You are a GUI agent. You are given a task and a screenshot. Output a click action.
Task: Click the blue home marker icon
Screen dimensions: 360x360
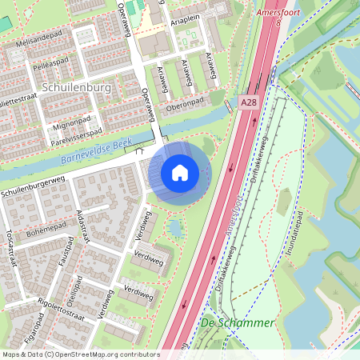[x=180, y=172]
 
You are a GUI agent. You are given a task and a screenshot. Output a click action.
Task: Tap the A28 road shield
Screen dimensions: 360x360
[x=248, y=102]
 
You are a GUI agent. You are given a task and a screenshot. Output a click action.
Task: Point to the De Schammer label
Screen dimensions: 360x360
[x=237, y=323]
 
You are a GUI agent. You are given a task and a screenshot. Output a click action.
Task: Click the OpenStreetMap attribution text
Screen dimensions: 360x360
[x=80, y=354]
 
